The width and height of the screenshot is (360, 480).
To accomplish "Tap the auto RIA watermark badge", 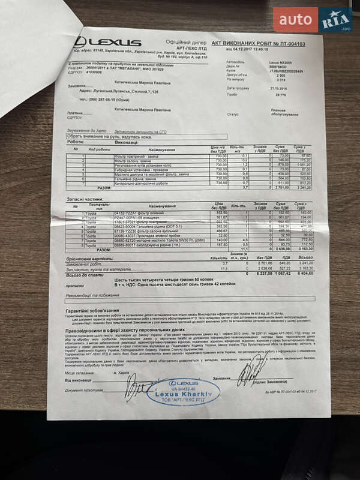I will (313, 20).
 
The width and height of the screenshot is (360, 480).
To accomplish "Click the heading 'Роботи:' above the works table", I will (76, 142).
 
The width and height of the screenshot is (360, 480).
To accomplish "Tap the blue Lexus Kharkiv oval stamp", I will (184, 391).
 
